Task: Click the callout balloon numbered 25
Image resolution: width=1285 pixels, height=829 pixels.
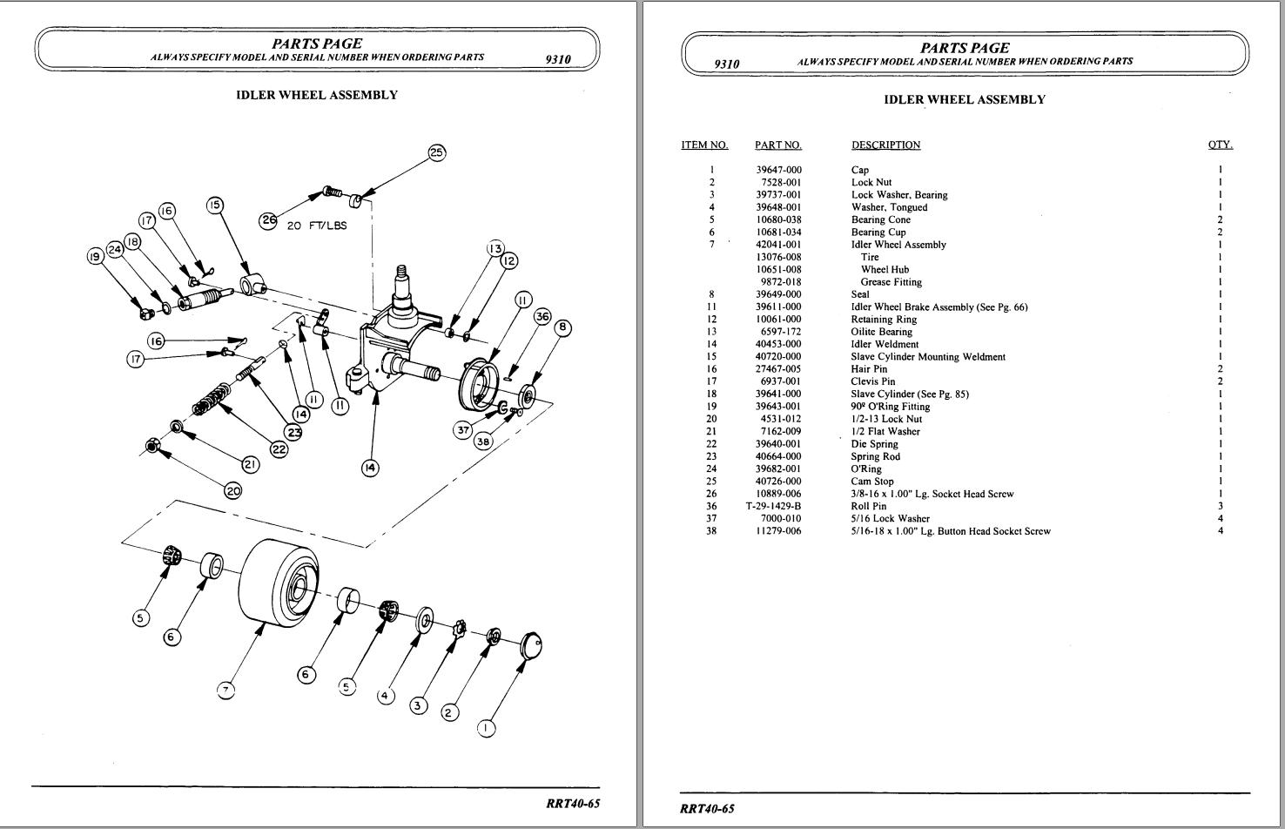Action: (436, 152)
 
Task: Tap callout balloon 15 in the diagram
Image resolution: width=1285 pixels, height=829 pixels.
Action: (214, 206)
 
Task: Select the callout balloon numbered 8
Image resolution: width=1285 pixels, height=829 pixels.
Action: (563, 327)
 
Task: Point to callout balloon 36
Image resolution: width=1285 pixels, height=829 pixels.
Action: (542, 316)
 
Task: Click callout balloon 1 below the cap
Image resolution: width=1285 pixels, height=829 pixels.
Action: (486, 728)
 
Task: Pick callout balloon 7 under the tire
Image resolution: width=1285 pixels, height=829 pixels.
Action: (225, 691)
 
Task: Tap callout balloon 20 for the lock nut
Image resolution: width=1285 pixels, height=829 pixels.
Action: (232, 490)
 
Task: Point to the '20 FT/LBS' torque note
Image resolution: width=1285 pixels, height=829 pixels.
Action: (316, 226)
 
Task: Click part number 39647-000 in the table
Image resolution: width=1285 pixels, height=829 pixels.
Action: (778, 170)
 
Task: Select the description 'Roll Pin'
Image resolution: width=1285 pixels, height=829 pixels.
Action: (868, 506)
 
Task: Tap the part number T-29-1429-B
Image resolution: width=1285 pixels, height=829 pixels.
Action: (773, 506)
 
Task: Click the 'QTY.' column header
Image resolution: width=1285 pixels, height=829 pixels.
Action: (1220, 145)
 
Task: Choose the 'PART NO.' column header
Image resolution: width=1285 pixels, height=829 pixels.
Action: (777, 145)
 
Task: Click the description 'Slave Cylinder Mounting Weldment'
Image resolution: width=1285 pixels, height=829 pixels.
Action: (927, 356)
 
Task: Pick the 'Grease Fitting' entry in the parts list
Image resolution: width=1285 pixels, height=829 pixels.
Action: (891, 282)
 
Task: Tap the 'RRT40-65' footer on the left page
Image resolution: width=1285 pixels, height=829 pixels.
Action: (573, 803)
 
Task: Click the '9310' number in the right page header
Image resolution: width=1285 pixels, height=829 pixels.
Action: (726, 64)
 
